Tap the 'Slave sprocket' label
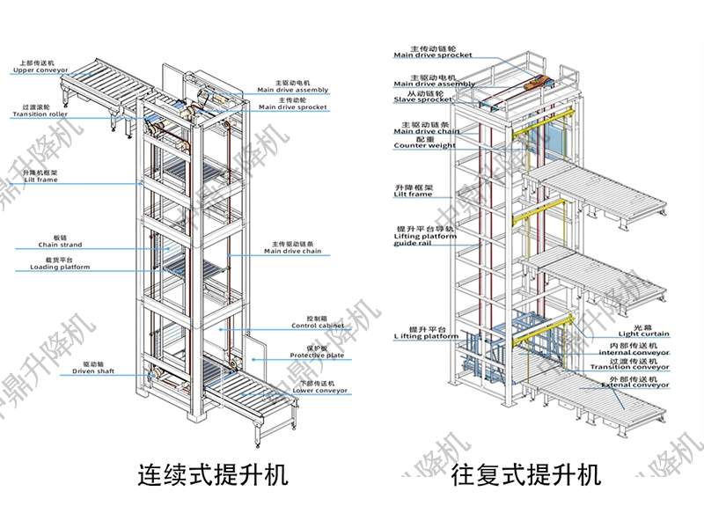[424, 99]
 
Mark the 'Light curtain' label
[643, 333]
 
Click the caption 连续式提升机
[213, 476]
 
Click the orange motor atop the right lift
[534, 83]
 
